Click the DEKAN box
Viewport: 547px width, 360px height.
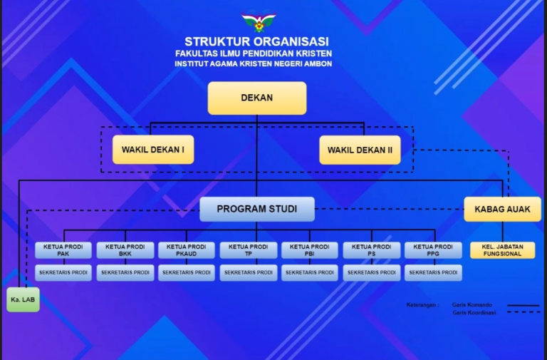[x=256, y=98]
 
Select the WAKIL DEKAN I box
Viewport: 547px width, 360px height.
[x=153, y=150]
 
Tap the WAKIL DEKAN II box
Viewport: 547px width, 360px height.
[x=360, y=150]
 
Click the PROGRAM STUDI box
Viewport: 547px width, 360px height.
[x=256, y=209]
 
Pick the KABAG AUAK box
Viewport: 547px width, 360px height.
[x=502, y=209]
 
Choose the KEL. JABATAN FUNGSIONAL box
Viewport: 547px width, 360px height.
[x=502, y=250]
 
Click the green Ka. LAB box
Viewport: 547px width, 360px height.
[x=23, y=299]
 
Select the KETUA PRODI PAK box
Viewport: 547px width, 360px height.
[x=63, y=250]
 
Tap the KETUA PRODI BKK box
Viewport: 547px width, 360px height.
[x=125, y=250]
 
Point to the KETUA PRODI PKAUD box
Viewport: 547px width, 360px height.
[x=187, y=250]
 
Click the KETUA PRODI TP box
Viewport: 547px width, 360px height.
[x=249, y=250]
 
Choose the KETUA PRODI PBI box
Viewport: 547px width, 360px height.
[x=310, y=250]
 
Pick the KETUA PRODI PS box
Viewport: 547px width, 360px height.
[x=372, y=250]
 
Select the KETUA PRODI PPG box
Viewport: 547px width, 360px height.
[x=433, y=250]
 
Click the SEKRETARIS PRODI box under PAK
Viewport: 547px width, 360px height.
[x=63, y=272]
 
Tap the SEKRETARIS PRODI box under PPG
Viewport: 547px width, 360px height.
[x=433, y=272]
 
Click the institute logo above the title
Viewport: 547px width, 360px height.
[x=258, y=21]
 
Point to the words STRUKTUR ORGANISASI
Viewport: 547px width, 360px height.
[x=256, y=41]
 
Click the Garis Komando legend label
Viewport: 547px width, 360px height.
[x=472, y=304]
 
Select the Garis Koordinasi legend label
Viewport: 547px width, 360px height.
[x=474, y=312]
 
